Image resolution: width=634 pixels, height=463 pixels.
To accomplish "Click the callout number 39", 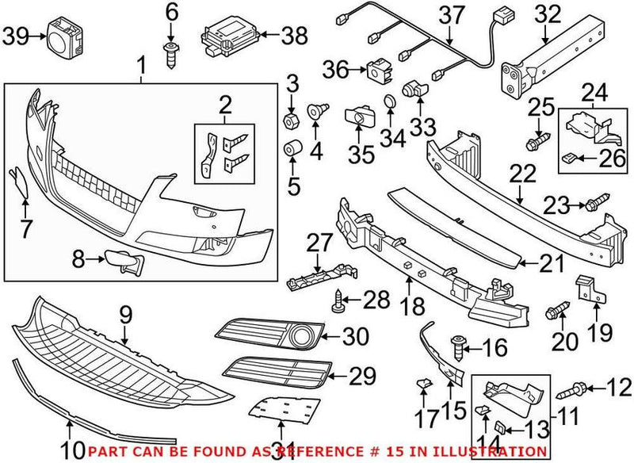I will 15,36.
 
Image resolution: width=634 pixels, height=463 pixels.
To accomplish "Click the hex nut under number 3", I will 292,121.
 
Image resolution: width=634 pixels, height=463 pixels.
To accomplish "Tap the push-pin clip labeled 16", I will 457,346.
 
